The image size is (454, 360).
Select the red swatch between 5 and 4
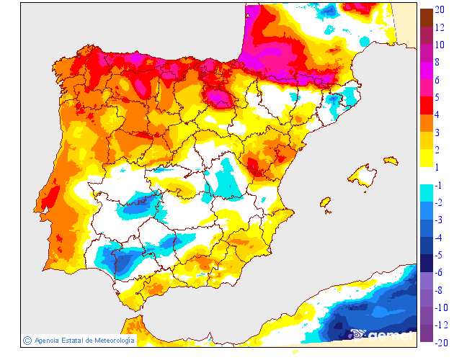[426, 106]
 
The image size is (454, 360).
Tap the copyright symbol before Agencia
[27, 340]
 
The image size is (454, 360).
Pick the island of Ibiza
[325, 203]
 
